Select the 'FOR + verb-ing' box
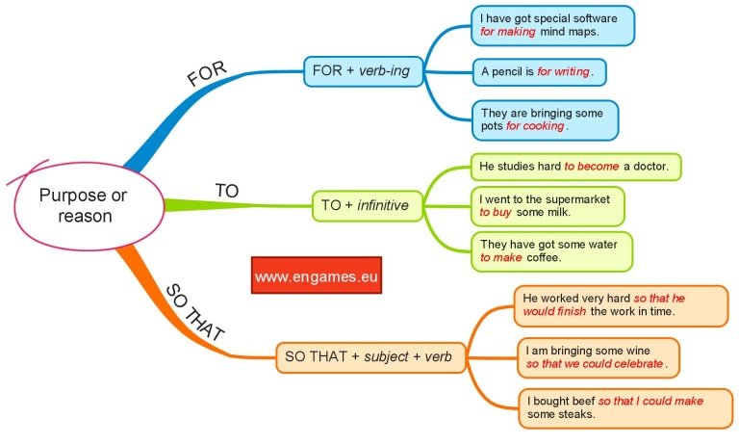[x=363, y=70]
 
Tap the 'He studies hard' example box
[x=575, y=166]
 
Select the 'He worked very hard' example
[x=620, y=304]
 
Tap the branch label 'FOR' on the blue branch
[x=207, y=73]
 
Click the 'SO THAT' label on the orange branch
[x=195, y=313]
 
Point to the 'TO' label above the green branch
[x=226, y=191]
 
